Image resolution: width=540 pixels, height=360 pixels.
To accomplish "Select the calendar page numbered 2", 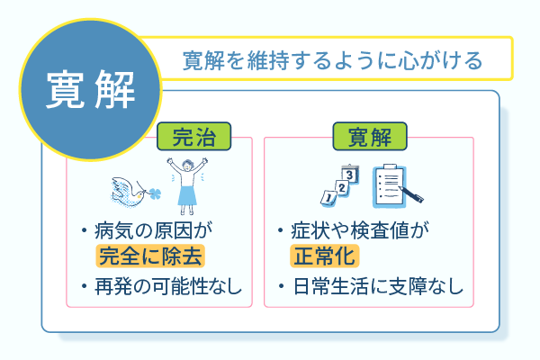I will [x=342, y=184].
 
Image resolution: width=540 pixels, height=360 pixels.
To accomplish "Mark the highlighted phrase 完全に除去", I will [x=150, y=258].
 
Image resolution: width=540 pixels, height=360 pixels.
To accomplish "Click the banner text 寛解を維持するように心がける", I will [x=332, y=60].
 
